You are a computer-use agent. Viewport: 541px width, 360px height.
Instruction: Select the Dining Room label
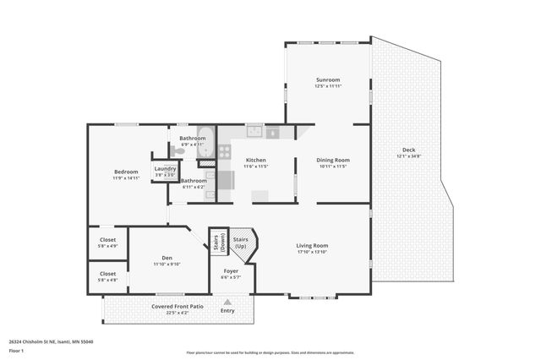coord(332,160)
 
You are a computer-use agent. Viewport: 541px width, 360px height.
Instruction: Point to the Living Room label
coord(312,246)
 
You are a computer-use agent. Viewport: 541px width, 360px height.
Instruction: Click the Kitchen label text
coord(256,160)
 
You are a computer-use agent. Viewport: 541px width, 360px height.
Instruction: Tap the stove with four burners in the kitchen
coord(225,152)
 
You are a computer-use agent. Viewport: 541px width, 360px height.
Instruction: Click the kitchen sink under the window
coord(254,132)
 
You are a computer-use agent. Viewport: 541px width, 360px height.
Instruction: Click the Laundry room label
coord(165,169)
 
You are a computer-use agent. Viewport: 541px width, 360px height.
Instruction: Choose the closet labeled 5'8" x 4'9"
coord(107,243)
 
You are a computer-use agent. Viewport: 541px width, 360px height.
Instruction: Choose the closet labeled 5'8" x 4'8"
coord(107,276)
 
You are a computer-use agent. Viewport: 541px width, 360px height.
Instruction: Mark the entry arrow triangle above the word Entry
coord(227,300)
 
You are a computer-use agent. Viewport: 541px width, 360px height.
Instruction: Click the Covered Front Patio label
coord(178,307)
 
